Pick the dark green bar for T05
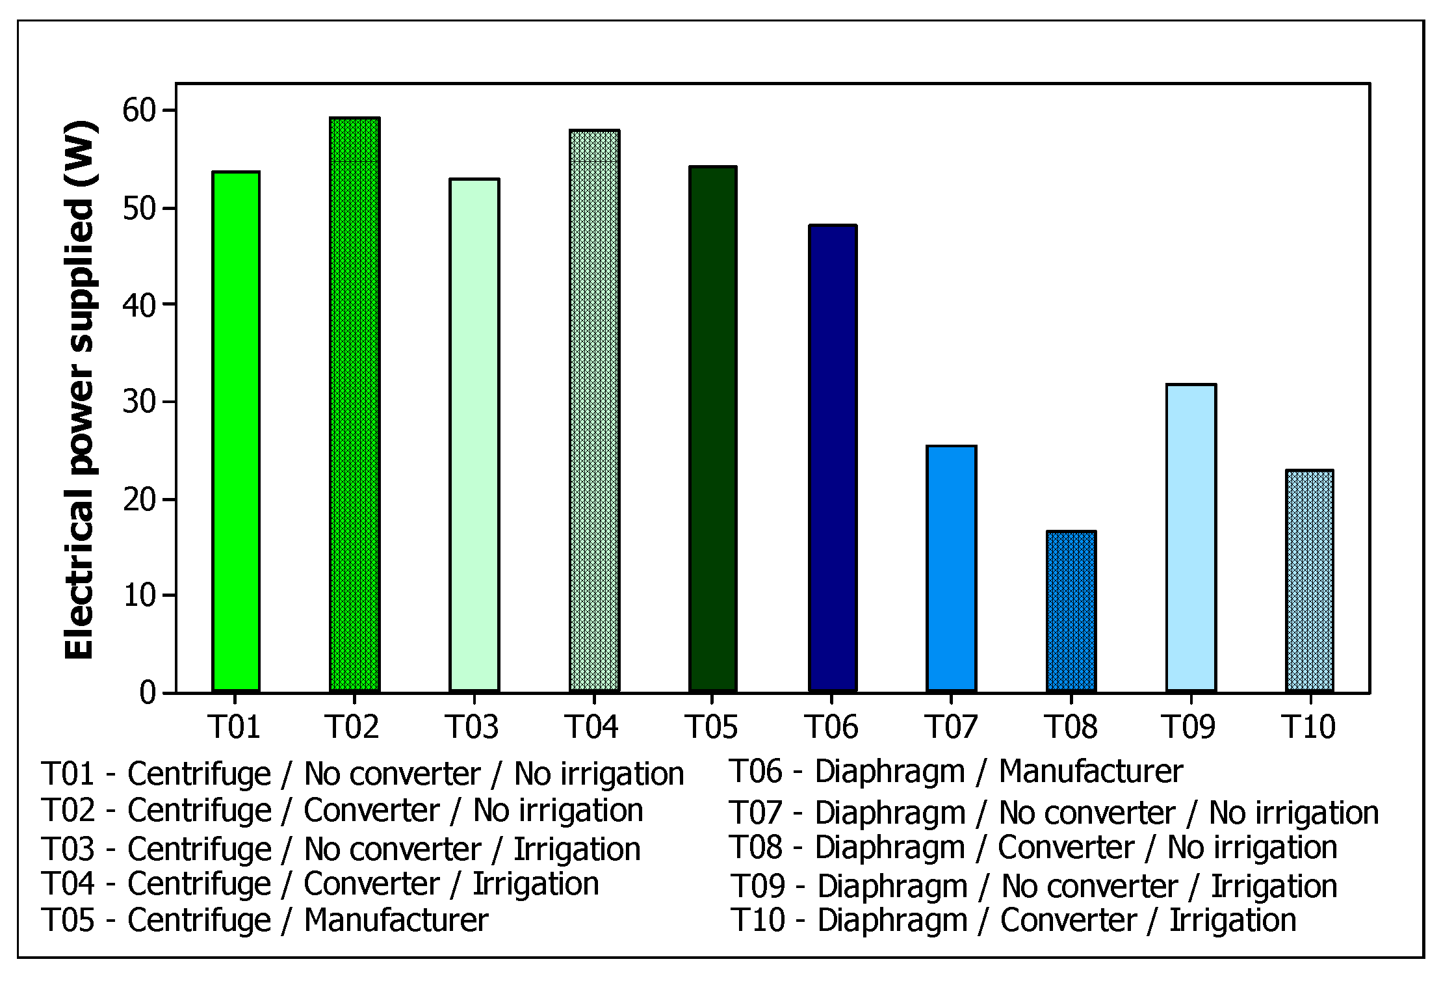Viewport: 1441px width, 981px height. pyautogui.click(x=712, y=428)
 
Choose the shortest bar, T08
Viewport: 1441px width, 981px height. pyautogui.click(x=1071, y=610)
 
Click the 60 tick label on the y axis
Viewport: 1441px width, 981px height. pyautogui.click(x=139, y=111)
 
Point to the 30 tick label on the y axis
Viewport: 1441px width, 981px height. pyautogui.click(x=139, y=402)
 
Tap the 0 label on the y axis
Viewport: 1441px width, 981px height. pyautogui.click(x=148, y=692)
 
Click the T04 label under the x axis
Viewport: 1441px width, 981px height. pyautogui.click(x=591, y=727)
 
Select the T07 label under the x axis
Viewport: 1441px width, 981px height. pyautogui.click(x=951, y=727)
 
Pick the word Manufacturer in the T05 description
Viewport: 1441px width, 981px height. pyautogui.click(x=396, y=920)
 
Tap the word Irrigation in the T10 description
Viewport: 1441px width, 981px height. pyautogui.click(x=1232, y=920)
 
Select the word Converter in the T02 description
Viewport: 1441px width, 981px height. pyautogui.click(x=371, y=811)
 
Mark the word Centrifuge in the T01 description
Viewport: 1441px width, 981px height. pyautogui.click(x=199, y=774)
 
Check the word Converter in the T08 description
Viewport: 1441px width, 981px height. pyautogui.click(x=1066, y=847)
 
